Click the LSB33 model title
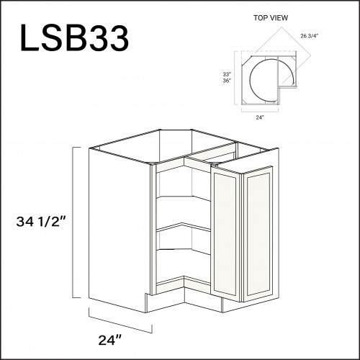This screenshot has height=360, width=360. pyautogui.click(x=75, y=38)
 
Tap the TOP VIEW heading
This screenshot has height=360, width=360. pyautogui.click(x=271, y=18)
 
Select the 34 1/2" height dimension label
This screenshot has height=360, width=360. pyautogui.click(x=41, y=221)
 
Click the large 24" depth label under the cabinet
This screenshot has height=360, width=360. pyautogui.click(x=110, y=340)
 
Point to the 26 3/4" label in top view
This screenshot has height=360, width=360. pyautogui.click(x=309, y=36)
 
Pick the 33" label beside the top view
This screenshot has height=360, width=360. pyautogui.click(x=227, y=74)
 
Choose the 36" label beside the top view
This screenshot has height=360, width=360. pyautogui.click(x=227, y=81)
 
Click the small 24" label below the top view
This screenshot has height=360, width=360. pyautogui.click(x=260, y=117)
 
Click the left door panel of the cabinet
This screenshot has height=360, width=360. pyautogui.click(x=225, y=233)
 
